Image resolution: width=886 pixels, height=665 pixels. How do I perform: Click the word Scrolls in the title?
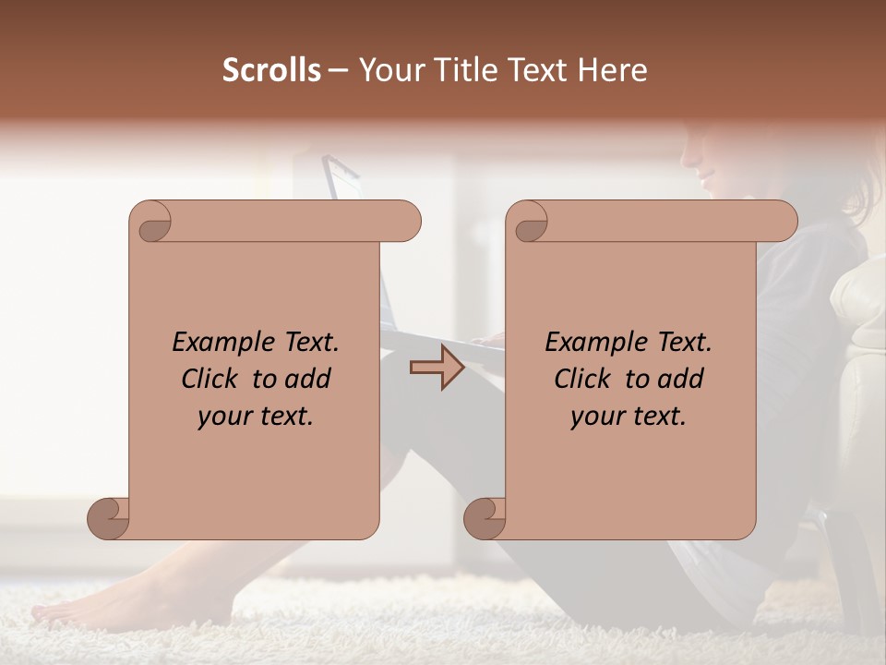271,70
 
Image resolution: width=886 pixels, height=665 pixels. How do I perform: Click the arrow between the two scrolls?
437,368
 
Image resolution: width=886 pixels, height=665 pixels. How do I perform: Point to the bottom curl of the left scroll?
108,519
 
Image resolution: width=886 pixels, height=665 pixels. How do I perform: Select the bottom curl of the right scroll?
485,519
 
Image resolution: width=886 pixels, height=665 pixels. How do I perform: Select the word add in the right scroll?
681,379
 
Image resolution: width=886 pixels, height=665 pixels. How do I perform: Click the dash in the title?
339,71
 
